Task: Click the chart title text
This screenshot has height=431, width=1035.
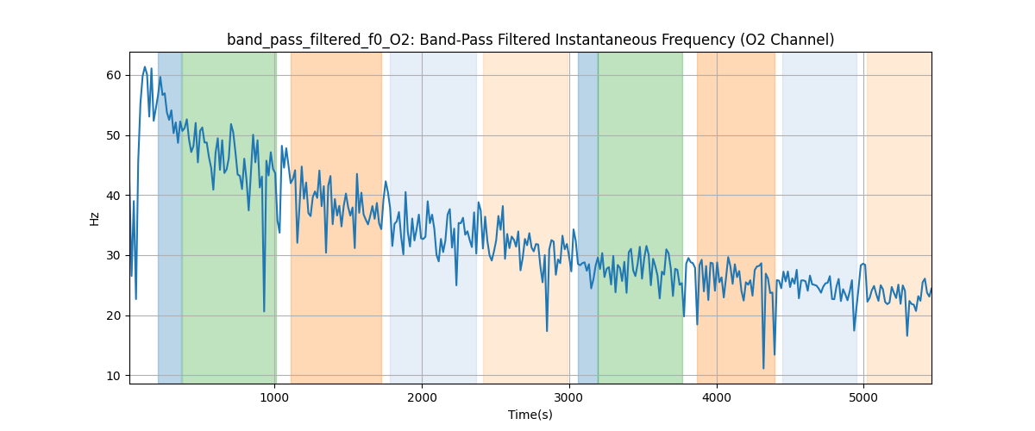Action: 530,40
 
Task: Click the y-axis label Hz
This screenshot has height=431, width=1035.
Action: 95,218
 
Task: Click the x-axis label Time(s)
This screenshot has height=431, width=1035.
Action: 530,415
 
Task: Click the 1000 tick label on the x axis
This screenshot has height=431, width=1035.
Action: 274,397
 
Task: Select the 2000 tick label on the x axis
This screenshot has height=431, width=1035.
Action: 422,397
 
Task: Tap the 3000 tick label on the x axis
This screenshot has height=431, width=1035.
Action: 569,397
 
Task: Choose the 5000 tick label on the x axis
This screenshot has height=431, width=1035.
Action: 863,397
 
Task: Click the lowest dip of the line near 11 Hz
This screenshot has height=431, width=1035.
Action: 763,368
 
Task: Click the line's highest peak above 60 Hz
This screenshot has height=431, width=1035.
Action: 145,67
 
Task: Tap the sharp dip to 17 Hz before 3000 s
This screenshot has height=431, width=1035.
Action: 547,330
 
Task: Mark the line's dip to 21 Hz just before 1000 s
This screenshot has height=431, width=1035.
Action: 265,311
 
